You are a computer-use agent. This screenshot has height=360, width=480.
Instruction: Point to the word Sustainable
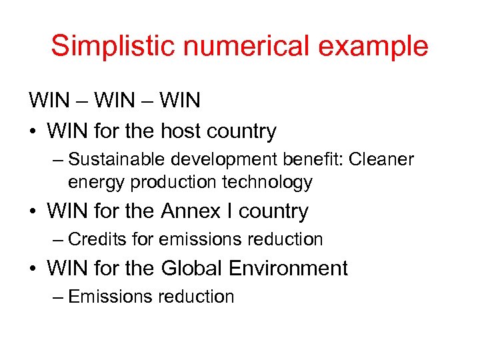coord(117,160)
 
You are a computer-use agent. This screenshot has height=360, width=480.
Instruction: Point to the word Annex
coord(191,211)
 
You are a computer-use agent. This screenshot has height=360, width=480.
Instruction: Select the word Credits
coord(97,239)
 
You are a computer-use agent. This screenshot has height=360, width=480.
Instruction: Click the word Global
coord(192,268)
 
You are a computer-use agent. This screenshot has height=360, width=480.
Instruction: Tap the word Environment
coord(288,268)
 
